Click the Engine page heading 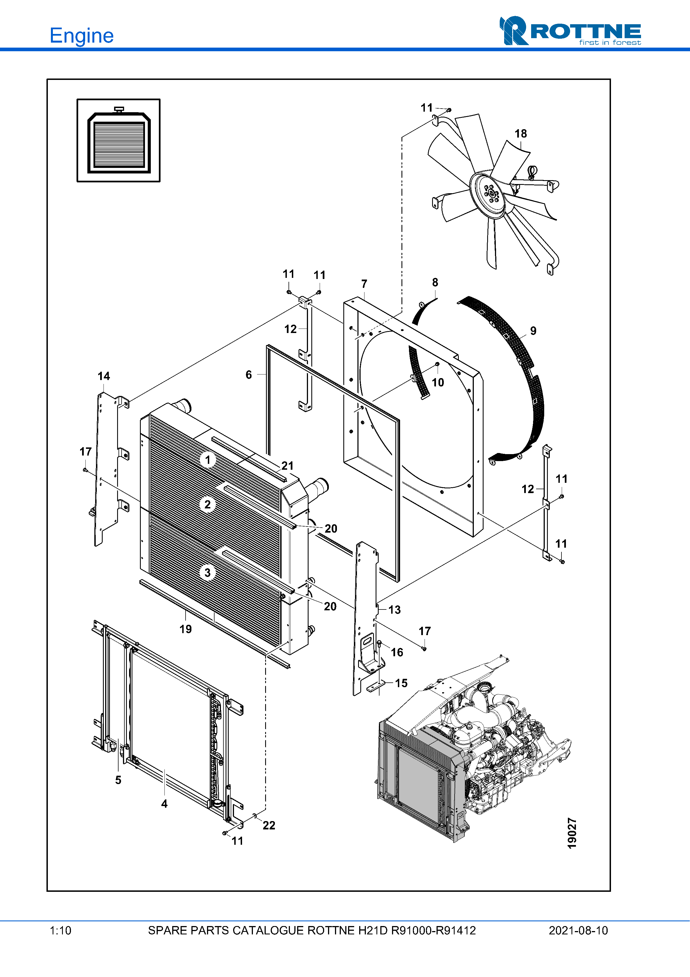(82, 36)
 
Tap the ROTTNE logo (570, 31)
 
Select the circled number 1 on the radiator (208, 460)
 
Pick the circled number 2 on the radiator (208, 505)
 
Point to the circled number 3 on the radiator (208, 573)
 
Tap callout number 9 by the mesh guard (533, 330)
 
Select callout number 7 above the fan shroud (364, 283)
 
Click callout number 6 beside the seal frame (249, 374)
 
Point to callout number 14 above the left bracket (104, 376)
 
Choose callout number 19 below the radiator (185, 629)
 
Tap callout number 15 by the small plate (401, 683)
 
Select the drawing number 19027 (572, 833)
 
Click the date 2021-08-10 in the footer (578, 931)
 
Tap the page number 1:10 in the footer (60, 931)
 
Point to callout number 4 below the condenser (164, 804)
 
